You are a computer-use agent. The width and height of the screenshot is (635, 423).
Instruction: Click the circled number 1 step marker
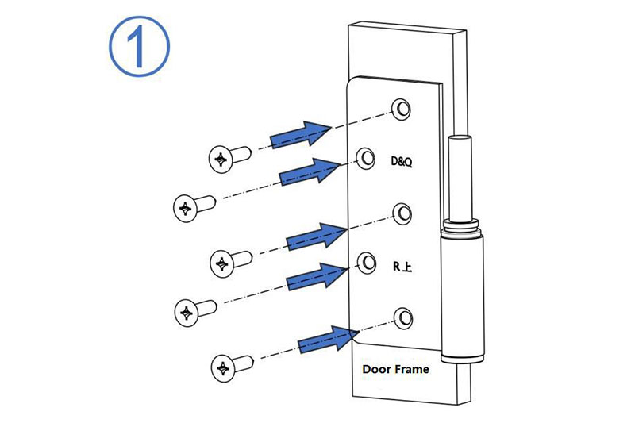click(x=139, y=46)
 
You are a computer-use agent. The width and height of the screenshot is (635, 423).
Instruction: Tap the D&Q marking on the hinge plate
click(x=402, y=162)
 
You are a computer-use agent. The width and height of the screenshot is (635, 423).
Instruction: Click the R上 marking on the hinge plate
click(x=402, y=267)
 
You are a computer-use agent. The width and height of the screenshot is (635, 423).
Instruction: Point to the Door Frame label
click(x=395, y=369)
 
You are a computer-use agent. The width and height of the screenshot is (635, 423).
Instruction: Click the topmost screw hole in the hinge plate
click(x=402, y=109)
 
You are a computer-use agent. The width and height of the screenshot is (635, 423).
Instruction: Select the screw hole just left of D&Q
click(x=366, y=158)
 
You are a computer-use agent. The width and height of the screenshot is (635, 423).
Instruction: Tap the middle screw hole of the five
click(x=402, y=213)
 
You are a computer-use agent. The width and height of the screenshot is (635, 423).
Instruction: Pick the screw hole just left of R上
click(x=367, y=263)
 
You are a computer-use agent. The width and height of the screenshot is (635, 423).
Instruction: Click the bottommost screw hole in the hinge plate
click(x=403, y=318)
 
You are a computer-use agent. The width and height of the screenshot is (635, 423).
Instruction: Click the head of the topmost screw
click(x=221, y=160)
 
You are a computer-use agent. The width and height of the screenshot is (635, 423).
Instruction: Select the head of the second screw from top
click(x=186, y=209)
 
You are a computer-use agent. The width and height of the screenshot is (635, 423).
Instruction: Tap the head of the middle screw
click(x=222, y=264)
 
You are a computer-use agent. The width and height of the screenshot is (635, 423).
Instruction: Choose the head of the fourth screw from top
click(x=187, y=313)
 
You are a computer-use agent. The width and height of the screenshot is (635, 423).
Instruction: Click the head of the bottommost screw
click(x=223, y=368)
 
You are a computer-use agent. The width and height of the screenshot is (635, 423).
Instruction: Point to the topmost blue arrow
click(x=302, y=134)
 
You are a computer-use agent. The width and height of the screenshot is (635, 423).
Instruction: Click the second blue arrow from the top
click(x=310, y=171)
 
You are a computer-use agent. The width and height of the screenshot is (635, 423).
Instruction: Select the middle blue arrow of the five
click(x=317, y=236)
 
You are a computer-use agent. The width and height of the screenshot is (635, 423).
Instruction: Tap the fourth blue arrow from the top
click(x=317, y=275)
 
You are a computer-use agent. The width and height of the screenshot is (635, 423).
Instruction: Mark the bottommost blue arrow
click(x=329, y=339)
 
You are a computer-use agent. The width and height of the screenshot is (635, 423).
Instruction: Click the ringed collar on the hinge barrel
click(x=461, y=227)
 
